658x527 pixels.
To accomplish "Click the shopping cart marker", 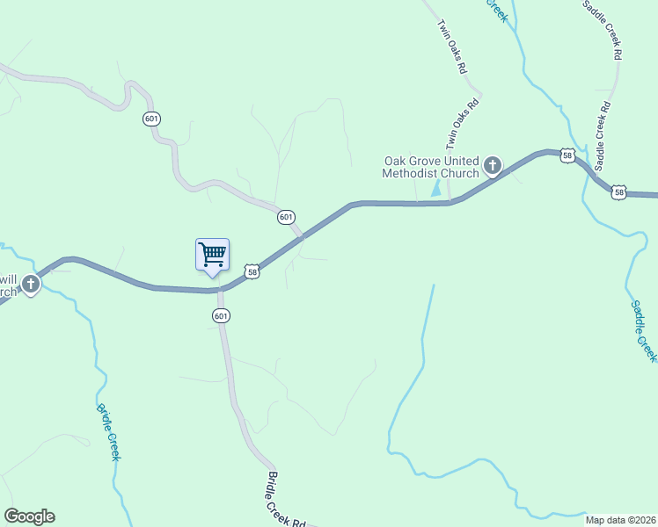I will [212, 255].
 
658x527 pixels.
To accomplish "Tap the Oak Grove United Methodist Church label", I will [431, 167].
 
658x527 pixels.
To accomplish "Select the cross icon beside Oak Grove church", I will [493, 164].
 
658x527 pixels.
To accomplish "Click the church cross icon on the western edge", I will [32, 284].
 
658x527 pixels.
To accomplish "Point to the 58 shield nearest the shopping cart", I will [252, 271].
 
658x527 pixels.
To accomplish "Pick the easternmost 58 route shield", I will [620, 192].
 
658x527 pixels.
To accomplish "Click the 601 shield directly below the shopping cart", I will [221, 315].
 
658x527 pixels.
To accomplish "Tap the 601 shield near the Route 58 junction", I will [285, 216].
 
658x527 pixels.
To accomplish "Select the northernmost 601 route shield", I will [152, 119].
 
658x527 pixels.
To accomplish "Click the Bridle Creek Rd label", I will [285, 500].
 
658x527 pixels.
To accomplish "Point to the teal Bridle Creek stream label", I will [109, 431].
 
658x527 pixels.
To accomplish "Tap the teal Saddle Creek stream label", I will [643, 330].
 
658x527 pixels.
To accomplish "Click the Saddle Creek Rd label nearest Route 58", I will [603, 136].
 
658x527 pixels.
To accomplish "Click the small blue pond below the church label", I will [435, 189].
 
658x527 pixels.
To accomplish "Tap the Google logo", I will [29, 516].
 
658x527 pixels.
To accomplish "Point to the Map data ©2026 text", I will [619, 520].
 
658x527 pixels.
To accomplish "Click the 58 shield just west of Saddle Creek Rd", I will [568, 155].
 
